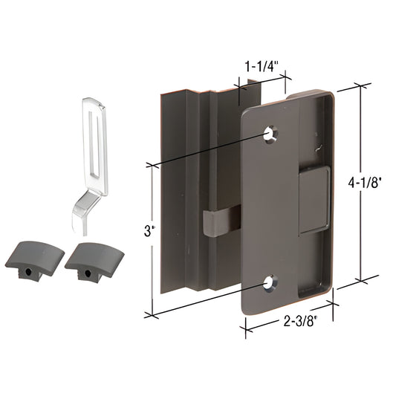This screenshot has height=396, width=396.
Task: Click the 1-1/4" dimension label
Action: point(262,65)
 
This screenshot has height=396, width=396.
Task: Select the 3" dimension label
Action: point(149,230)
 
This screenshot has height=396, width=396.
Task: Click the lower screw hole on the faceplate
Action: point(270,282)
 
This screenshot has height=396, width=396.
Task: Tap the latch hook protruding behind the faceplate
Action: point(214,222)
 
